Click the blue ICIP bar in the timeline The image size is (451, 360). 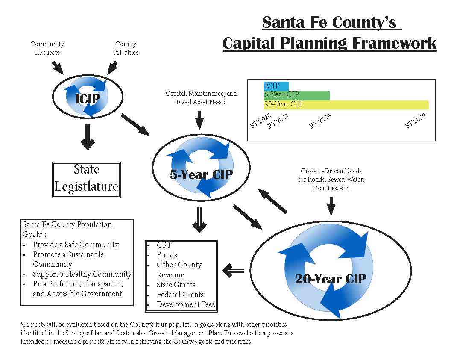click(x=276, y=86)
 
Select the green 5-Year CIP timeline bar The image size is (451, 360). click(x=296, y=95)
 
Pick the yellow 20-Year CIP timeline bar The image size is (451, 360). click(x=346, y=105)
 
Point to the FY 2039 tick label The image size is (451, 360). click(x=415, y=121)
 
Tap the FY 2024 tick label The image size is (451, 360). click(x=320, y=121)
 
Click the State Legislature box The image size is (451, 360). click(x=86, y=180)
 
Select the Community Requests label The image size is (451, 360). click(x=47, y=48)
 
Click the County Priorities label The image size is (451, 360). click(x=126, y=48)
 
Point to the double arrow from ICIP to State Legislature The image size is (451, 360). click(x=88, y=137)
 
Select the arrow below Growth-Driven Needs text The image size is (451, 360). click(x=331, y=206)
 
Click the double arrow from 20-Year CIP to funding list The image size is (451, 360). click(x=233, y=270)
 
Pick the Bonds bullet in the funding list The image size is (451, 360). click(x=167, y=255)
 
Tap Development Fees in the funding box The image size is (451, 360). click(x=186, y=304)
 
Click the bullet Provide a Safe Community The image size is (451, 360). click(x=76, y=245)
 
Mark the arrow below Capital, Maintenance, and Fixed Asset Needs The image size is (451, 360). click(x=199, y=119)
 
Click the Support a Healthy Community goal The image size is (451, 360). click(x=82, y=274)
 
